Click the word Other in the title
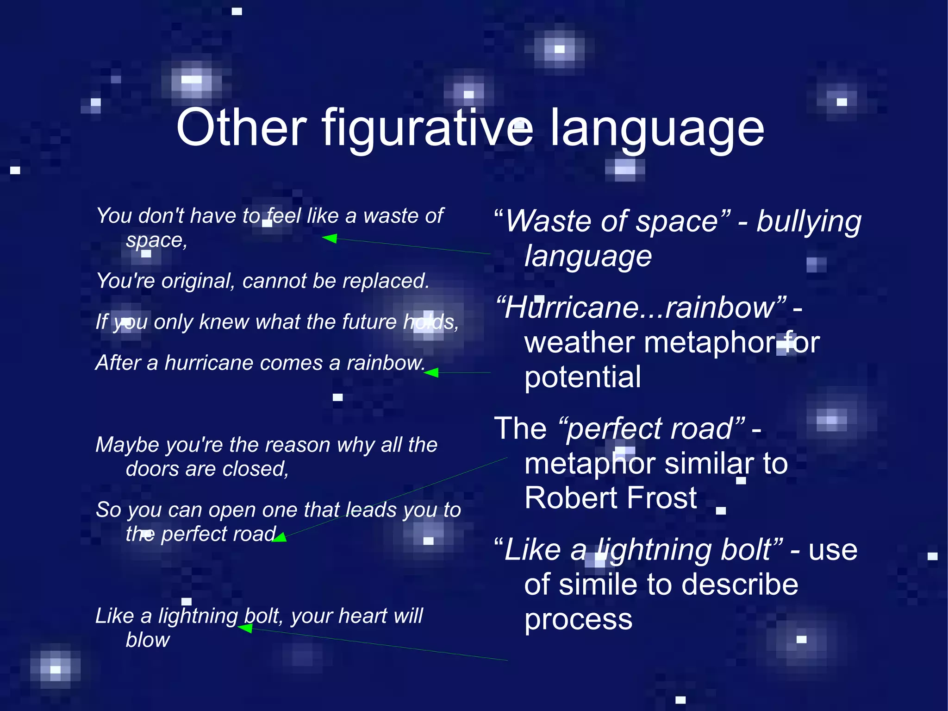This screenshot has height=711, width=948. click(x=241, y=128)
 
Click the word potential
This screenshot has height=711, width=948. click(x=583, y=377)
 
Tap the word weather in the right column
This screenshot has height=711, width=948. click(x=579, y=342)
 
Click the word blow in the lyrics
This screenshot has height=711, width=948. click(x=148, y=640)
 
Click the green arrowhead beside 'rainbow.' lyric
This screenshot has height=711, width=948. click(x=431, y=372)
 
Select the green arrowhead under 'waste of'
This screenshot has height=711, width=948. click(x=330, y=239)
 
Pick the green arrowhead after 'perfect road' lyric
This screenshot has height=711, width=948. click(x=280, y=537)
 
